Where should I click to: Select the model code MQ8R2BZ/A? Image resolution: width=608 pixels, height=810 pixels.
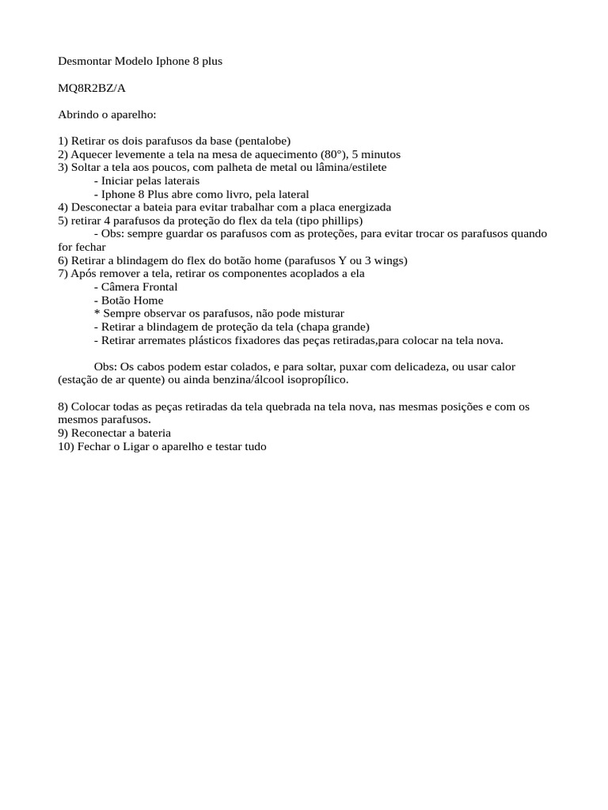[92, 88]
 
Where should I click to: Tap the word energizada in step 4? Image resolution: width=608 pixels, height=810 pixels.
[363, 207]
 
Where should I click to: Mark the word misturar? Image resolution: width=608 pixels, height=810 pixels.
[321, 313]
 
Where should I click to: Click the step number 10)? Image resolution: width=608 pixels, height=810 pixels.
[66, 447]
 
